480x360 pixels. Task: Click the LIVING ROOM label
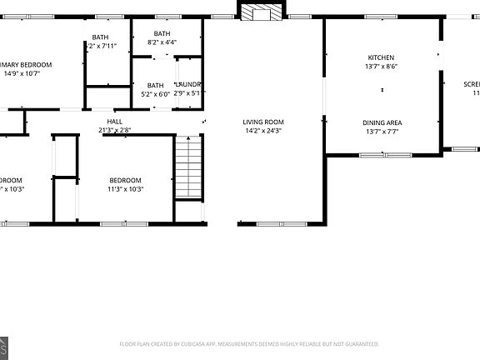(263, 122)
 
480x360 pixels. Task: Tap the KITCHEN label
(382, 57)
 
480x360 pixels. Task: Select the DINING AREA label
(382, 122)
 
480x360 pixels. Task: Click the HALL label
(114, 122)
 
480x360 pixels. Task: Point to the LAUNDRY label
(188, 85)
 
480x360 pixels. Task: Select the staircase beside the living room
(189, 167)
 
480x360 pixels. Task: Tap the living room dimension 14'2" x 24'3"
(263, 131)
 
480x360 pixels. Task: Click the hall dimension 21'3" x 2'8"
(114, 131)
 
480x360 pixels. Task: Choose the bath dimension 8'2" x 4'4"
(162, 42)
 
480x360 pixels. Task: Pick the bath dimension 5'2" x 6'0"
(156, 94)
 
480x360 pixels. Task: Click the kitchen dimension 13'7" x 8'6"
(382, 67)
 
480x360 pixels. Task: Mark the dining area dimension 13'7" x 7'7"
(382, 132)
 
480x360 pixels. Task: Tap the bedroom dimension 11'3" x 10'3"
(126, 189)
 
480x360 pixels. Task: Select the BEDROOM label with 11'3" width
(126, 180)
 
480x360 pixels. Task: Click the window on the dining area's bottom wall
(384, 154)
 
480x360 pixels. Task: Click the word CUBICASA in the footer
(192, 343)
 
